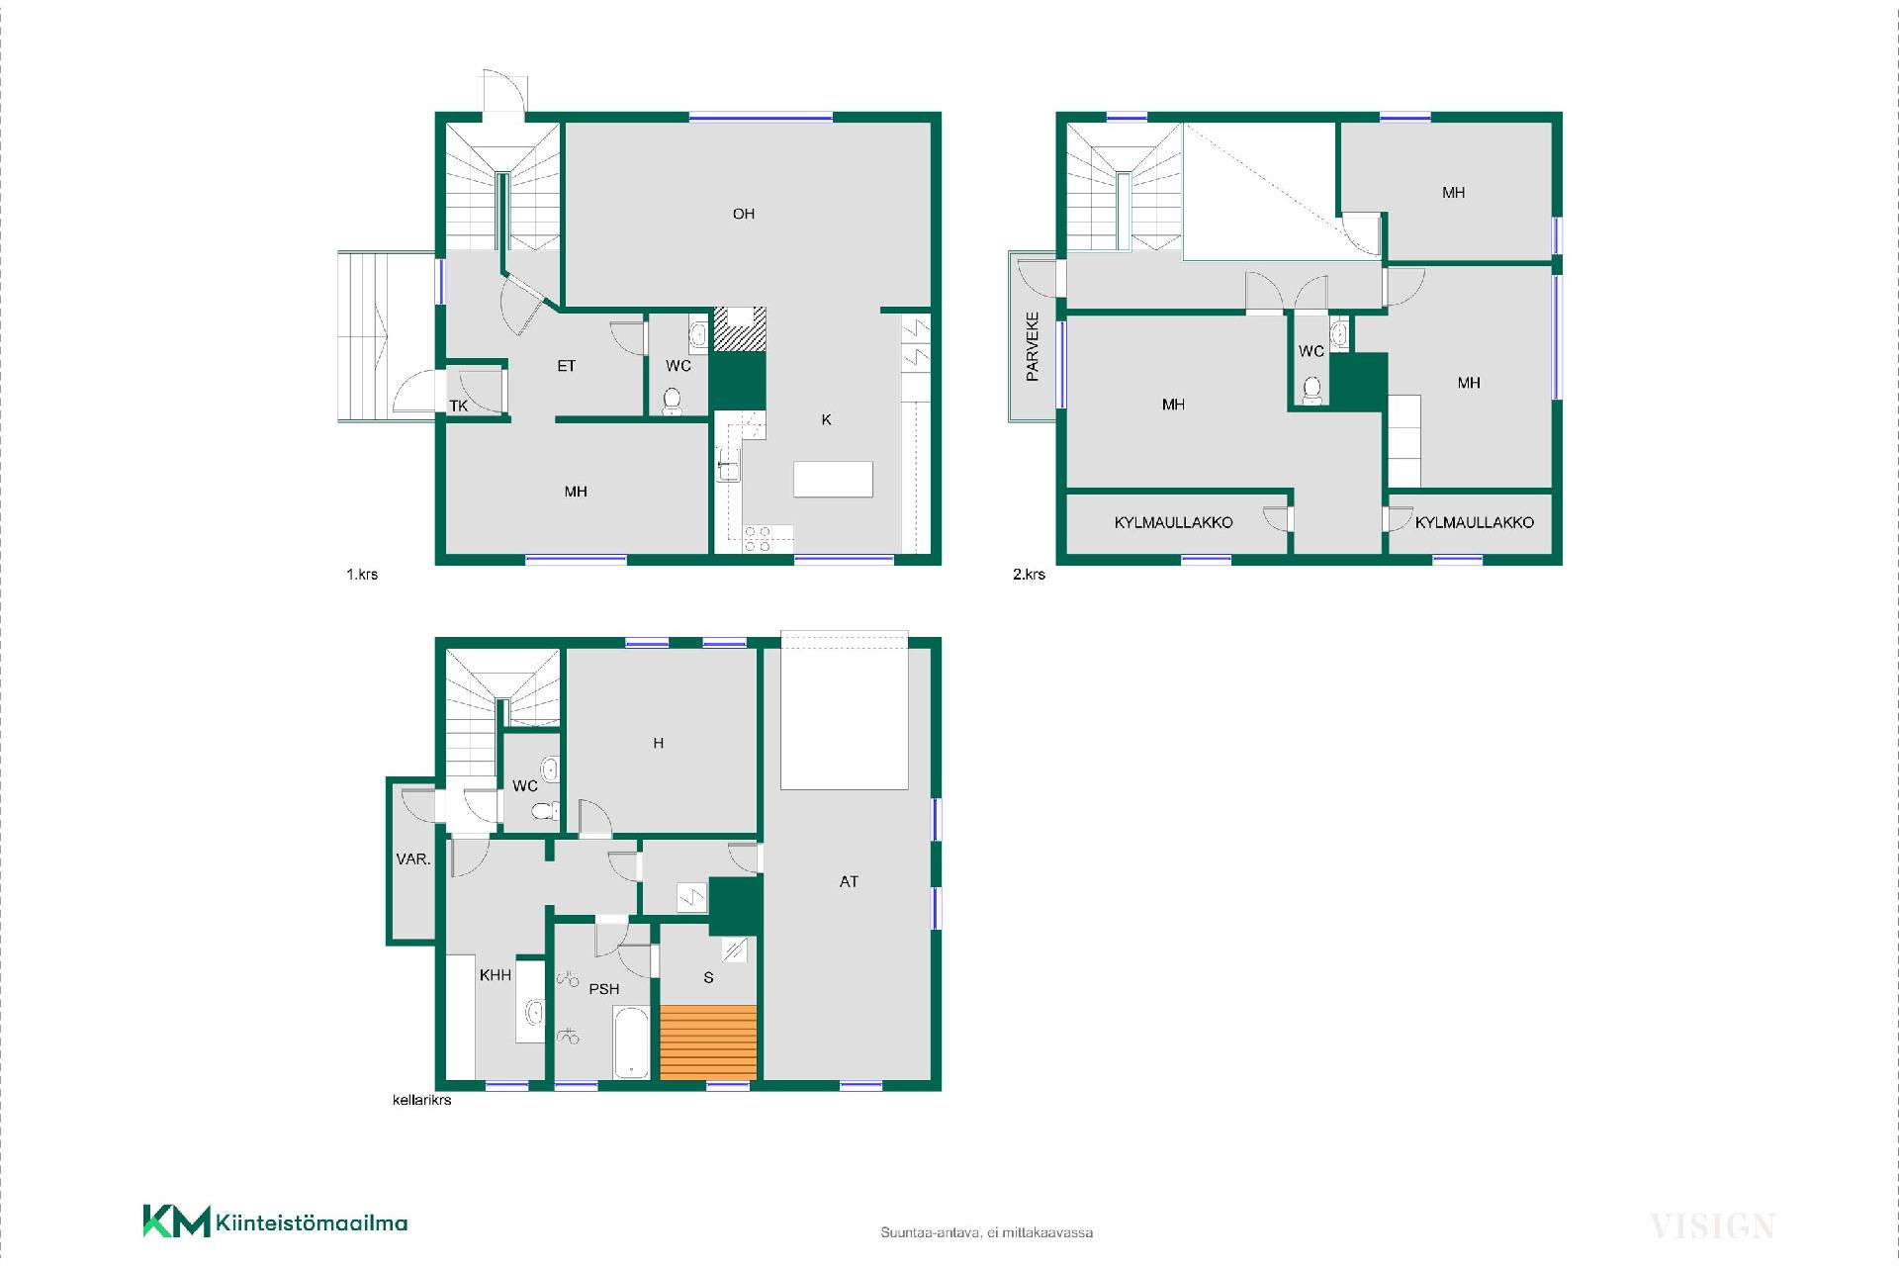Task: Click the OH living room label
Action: point(744,214)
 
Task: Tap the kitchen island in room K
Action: point(833,479)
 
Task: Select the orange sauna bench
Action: point(708,1042)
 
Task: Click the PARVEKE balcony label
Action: point(1033,347)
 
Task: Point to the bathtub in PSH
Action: point(632,1042)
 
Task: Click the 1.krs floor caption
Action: point(362,574)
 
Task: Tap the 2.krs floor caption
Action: point(1029,574)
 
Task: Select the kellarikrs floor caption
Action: point(422,1100)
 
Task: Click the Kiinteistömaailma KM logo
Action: point(275,1222)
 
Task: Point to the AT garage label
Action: point(849,881)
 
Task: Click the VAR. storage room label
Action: point(413,859)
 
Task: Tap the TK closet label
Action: point(459,406)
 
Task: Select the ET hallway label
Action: point(566,366)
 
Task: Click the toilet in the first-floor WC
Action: point(673,401)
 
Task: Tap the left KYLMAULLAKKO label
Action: point(1174,522)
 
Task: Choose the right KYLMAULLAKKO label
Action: point(1475,522)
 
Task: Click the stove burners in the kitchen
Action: point(758,539)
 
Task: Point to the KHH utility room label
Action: point(496,975)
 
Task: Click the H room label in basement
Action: point(659,743)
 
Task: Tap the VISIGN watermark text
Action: point(1712,1226)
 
